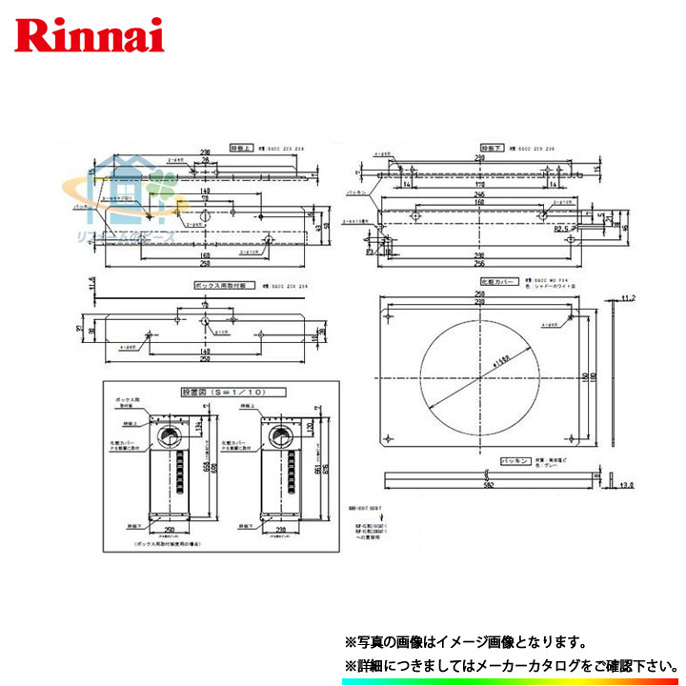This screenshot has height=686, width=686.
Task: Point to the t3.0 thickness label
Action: [x=626, y=485]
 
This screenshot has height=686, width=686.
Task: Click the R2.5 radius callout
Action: [x=566, y=230]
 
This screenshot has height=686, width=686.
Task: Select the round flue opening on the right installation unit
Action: [x=282, y=435]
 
